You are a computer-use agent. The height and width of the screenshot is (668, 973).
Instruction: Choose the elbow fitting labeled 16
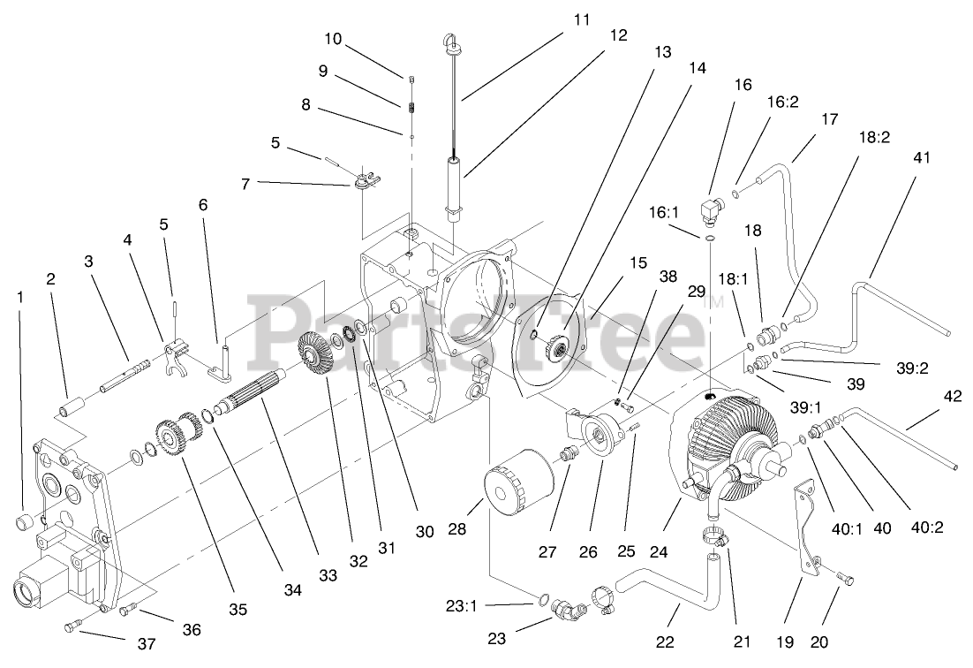[713, 210]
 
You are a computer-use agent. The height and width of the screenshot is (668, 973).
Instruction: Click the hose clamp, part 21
[716, 535]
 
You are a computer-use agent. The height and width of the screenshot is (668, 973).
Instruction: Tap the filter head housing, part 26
[604, 439]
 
